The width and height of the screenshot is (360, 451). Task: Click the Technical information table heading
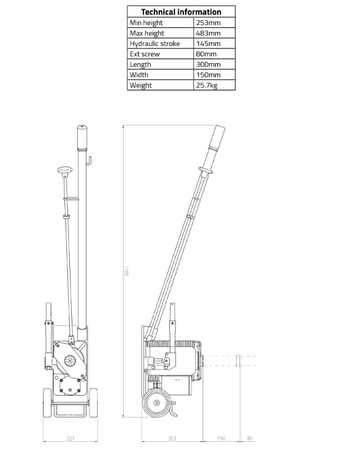[181, 12]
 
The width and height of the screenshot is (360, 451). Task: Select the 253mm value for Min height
[209, 23]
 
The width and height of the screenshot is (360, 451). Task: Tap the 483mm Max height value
[209, 33]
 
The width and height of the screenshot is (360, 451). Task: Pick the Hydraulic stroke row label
[155, 44]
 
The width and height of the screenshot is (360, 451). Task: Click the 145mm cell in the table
[209, 44]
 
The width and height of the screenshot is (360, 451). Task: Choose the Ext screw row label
[145, 54]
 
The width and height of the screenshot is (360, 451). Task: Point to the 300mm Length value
[209, 64]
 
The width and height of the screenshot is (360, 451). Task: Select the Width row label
[139, 75]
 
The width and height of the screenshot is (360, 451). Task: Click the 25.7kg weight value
[207, 85]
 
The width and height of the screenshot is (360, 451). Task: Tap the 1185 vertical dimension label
[126, 271]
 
